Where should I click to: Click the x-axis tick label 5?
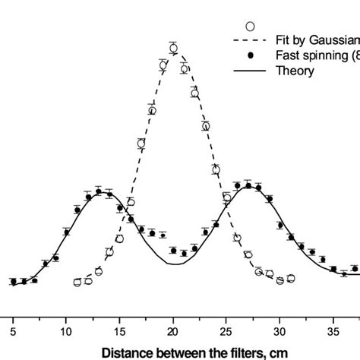click(13, 330)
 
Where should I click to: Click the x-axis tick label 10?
click(66, 330)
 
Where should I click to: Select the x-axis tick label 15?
click(119, 330)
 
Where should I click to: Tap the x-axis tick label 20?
click(173, 330)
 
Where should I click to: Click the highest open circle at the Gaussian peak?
click(173, 49)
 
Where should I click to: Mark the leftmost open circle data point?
click(77, 283)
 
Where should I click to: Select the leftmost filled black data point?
click(13, 282)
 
